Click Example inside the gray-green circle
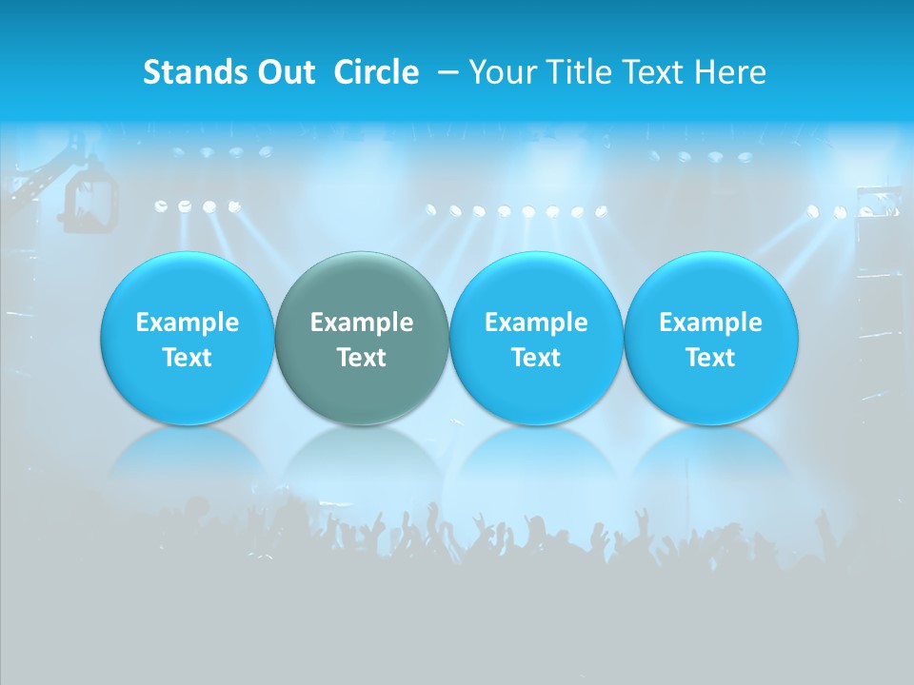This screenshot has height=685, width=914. coord(362,323)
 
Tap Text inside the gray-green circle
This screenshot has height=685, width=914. coord(362,358)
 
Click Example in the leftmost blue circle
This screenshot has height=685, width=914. coord(188,323)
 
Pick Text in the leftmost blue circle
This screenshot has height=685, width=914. coord(188,358)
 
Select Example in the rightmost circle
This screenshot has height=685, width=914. coord(710,323)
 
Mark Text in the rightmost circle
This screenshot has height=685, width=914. coord(710,358)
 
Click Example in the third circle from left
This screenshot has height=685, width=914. coord(536,323)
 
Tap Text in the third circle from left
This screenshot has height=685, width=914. coord(536,358)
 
